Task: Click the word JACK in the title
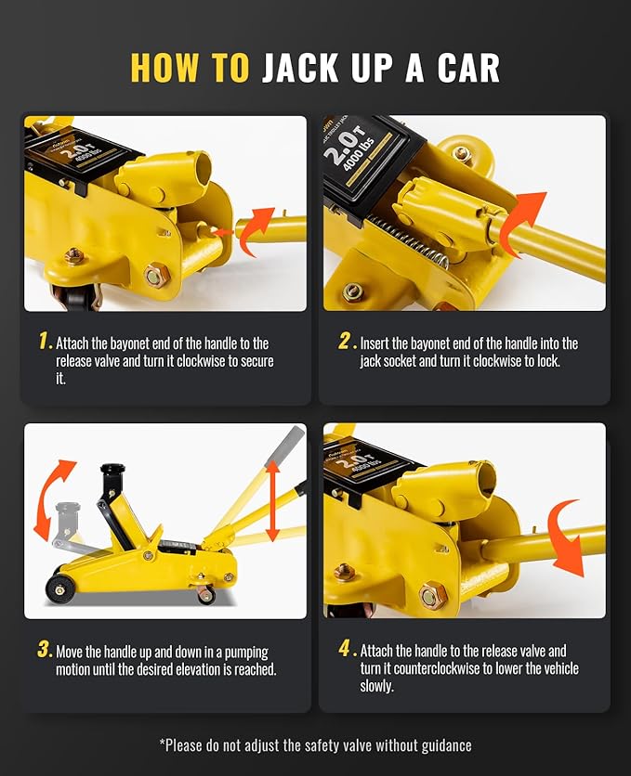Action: [x=300, y=68]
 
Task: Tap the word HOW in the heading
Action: [x=164, y=68]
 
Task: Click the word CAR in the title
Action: [x=468, y=68]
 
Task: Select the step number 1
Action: [x=45, y=341]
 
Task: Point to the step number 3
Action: [x=45, y=649]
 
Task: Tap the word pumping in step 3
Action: [x=246, y=653]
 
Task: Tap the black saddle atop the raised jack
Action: [x=112, y=469]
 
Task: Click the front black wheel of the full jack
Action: [x=59, y=588]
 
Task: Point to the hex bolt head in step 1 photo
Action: [x=157, y=275]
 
